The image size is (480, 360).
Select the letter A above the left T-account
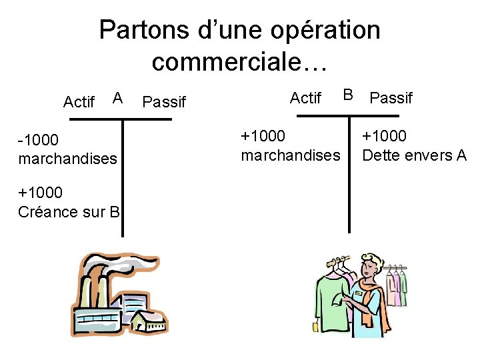117,99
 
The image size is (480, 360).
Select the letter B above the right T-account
348,95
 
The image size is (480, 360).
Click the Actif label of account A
79,102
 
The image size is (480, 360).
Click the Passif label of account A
164,102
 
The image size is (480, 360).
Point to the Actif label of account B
306,99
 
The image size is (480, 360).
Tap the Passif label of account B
391,99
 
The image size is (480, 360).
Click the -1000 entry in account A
39,140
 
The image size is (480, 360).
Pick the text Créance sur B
69,212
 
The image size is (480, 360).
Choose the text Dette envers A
414,155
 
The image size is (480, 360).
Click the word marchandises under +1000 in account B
290,155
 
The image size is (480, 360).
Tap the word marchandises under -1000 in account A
68,159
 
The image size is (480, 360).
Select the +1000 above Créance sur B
41,193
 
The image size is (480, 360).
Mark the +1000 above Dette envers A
384,137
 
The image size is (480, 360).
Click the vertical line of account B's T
349,173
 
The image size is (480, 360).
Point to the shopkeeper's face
368,271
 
